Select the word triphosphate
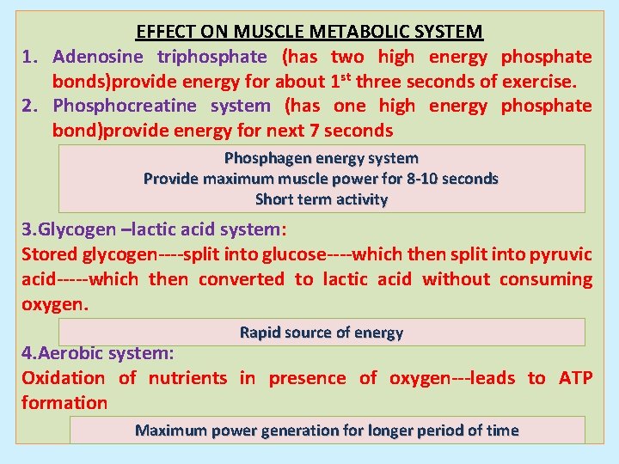click(x=212, y=57)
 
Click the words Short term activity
click(x=321, y=199)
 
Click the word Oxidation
click(x=63, y=378)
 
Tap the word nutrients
click(x=187, y=378)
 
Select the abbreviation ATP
click(x=575, y=378)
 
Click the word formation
click(x=64, y=403)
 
